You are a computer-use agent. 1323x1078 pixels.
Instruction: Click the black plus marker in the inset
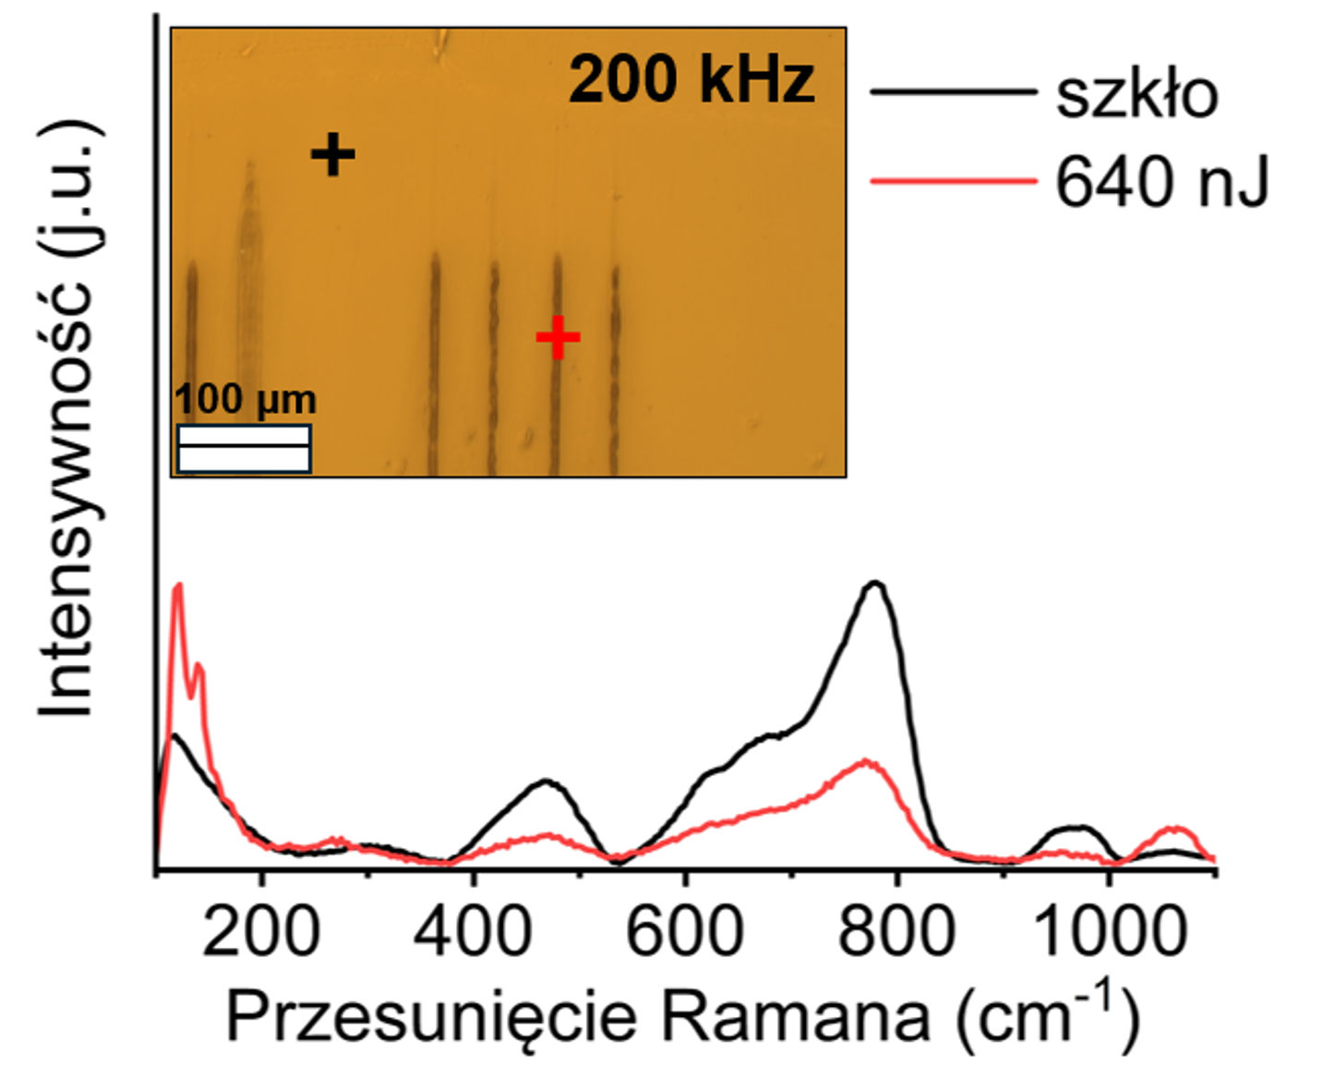click(332, 154)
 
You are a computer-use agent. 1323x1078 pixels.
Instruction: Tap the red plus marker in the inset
click(558, 337)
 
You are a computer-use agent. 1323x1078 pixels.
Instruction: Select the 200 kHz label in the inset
click(692, 80)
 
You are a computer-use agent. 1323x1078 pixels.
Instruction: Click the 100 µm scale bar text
click(246, 400)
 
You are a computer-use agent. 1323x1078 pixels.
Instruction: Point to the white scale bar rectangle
click(244, 449)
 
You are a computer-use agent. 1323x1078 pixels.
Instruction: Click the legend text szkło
click(1137, 94)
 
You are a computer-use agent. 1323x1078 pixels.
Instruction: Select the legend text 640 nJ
click(1161, 182)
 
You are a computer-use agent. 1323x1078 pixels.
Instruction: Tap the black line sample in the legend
click(953, 91)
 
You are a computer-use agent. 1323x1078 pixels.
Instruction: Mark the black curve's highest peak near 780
click(874, 583)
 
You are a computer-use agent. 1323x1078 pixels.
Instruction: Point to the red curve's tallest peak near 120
click(178, 585)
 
